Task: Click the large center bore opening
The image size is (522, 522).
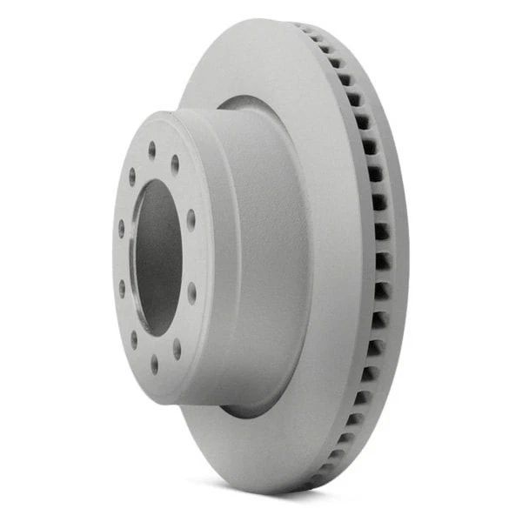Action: pyautogui.click(x=157, y=258)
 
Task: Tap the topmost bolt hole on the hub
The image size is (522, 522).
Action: pyautogui.click(x=151, y=150)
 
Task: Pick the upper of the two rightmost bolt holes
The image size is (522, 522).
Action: pyautogui.click(x=191, y=219)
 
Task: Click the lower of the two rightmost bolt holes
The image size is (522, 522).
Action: pyautogui.click(x=191, y=293)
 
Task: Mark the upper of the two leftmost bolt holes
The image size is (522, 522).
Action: pyautogui.click(x=121, y=228)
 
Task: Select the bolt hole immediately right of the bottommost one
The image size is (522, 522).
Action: pyautogui.click(x=177, y=348)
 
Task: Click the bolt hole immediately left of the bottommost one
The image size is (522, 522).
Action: pyautogui.click(x=134, y=338)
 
